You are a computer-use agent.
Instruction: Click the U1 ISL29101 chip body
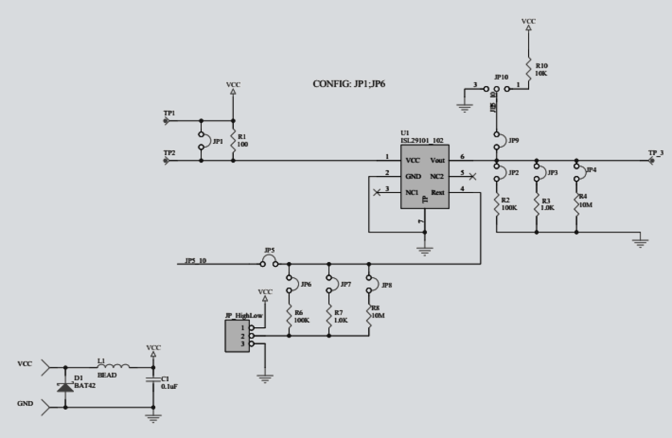tap(425, 176)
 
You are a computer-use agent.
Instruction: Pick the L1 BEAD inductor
tap(117, 367)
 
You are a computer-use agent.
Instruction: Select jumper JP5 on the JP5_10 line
tap(269, 263)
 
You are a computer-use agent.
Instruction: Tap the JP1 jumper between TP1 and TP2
tap(201, 141)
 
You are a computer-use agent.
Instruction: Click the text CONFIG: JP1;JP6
tap(348, 84)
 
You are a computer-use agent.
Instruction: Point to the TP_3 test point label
tap(655, 152)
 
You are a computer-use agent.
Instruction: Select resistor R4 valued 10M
tap(576, 204)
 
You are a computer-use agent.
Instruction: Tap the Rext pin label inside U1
tap(438, 193)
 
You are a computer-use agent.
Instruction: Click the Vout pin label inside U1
tap(437, 160)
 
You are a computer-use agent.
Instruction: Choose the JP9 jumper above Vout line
tap(497, 141)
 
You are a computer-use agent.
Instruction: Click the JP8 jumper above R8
tap(369, 284)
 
